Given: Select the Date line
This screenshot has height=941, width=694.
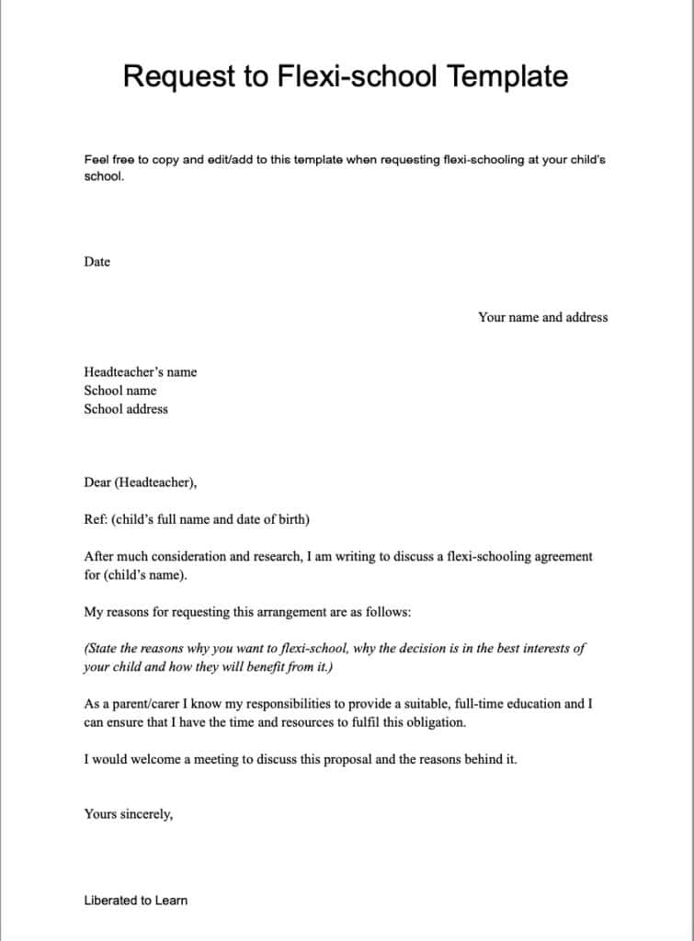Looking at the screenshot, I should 97,262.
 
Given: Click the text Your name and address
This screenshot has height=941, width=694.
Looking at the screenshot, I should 542,317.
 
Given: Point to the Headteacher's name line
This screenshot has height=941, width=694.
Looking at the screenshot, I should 140,372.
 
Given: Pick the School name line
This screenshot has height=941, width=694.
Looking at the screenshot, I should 119,391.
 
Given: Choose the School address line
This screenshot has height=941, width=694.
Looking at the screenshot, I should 126,409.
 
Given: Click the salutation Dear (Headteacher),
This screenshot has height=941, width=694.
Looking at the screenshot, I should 140,482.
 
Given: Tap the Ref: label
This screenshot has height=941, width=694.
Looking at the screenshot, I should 96,519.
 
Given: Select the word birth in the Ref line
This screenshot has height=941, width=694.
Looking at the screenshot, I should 291,519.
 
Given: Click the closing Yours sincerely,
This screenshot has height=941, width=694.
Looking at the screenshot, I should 128,813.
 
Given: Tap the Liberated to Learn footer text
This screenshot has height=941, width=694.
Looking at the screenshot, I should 135,901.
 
